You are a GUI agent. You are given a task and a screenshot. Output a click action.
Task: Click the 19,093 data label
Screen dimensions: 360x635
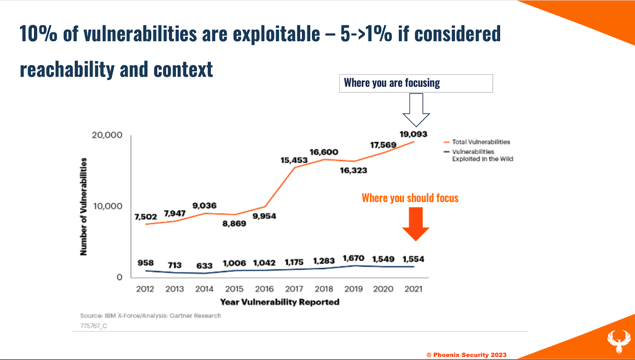(413, 134)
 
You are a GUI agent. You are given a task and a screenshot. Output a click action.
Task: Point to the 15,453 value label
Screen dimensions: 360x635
(294, 160)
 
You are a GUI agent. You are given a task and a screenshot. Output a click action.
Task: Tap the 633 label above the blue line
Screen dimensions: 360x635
(204, 266)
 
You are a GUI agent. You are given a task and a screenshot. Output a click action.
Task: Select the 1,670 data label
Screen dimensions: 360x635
(353, 258)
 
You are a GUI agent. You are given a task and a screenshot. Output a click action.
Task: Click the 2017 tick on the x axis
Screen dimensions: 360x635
(294, 289)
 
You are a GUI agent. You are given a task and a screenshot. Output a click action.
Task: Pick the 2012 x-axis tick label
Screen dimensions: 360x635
(145, 289)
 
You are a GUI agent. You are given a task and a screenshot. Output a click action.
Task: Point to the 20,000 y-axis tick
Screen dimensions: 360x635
(107, 135)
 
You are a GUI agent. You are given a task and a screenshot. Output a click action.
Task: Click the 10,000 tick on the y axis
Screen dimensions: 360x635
(108, 206)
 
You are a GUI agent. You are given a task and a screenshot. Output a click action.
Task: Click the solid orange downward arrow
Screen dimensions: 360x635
(416, 223)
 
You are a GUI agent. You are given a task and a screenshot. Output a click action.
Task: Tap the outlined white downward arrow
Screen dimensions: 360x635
(416, 110)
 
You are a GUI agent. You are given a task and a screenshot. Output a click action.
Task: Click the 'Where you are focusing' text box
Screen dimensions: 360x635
(416, 83)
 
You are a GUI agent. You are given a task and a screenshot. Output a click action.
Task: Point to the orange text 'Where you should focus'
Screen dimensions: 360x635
(410, 198)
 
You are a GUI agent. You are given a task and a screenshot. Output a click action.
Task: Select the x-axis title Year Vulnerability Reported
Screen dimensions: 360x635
(280, 302)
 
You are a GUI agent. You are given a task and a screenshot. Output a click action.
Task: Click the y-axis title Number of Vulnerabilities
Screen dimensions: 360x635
(83, 206)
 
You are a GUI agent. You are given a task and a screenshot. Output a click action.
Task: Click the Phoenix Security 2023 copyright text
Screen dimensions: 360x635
(467, 355)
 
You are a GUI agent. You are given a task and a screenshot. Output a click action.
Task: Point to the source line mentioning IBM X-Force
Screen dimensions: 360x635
(150, 316)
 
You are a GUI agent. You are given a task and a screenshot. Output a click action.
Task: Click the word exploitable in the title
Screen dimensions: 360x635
(276, 34)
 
